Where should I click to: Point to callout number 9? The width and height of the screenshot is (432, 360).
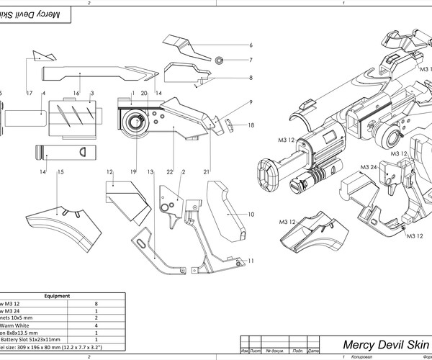(x=251, y=102)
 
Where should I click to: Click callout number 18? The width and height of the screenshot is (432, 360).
(x=251, y=125)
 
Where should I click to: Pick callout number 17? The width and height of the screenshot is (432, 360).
(x=29, y=94)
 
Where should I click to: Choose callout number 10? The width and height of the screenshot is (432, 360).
(x=251, y=215)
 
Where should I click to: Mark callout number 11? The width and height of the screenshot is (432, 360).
(x=251, y=260)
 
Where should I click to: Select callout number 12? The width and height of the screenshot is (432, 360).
(x=109, y=172)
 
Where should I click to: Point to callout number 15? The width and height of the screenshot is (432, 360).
(x=61, y=172)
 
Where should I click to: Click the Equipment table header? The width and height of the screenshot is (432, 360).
(x=56, y=295)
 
